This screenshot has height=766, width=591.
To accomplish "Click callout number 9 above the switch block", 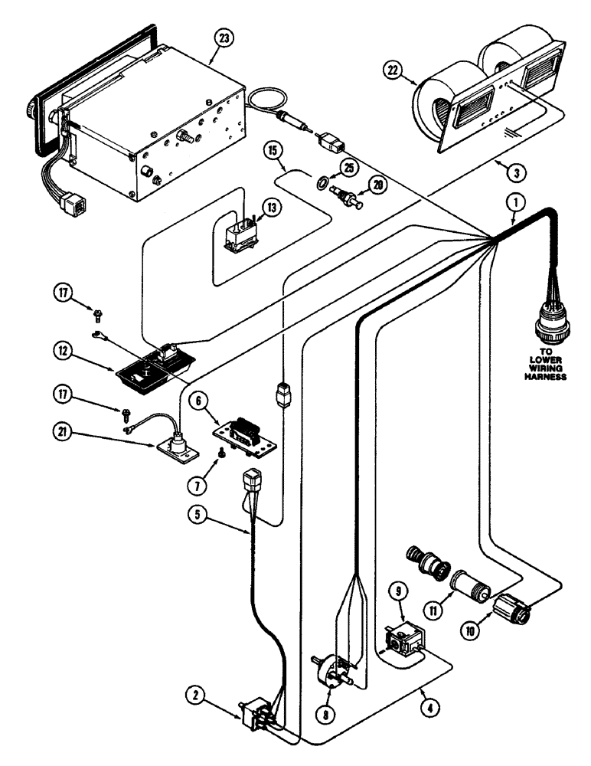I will [400, 592].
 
